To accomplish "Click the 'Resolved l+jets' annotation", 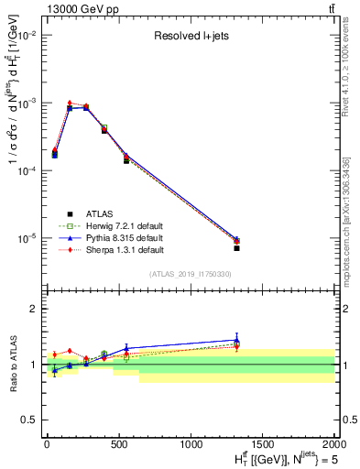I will (191, 38).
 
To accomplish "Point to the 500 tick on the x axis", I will (118, 444).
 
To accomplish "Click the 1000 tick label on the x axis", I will (191, 444).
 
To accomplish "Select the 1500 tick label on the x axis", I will (263, 444).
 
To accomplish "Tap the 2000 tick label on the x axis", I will (334, 444).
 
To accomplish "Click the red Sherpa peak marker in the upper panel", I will (70, 103).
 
